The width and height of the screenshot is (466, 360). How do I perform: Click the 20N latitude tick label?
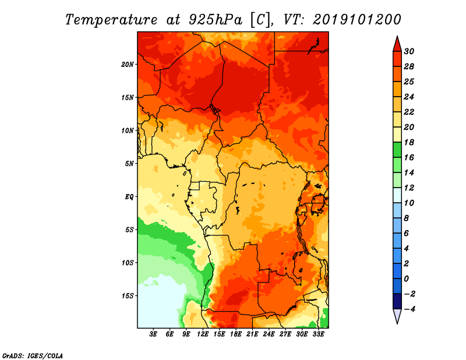[128, 64]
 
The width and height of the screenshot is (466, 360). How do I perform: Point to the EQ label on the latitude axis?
[129, 196]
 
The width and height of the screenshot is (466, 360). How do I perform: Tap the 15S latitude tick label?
[128, 295]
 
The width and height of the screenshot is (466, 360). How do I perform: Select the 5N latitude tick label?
[129, 163]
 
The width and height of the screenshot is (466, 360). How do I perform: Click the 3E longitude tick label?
[154, 334]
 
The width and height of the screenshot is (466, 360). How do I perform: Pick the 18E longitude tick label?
[236, 334]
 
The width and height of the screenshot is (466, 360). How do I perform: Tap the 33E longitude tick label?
[319, 334]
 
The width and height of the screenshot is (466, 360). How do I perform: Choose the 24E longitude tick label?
[269, 334]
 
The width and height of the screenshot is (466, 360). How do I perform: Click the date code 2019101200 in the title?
[356, 19]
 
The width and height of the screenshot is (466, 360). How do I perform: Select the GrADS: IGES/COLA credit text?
[33, 355]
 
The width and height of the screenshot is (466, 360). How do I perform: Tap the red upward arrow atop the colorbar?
[397, 43]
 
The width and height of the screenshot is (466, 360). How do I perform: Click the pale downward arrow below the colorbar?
[397, 316]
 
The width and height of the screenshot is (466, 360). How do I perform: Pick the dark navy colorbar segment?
[397, 301]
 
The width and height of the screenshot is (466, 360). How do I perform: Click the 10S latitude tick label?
[128, 263]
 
